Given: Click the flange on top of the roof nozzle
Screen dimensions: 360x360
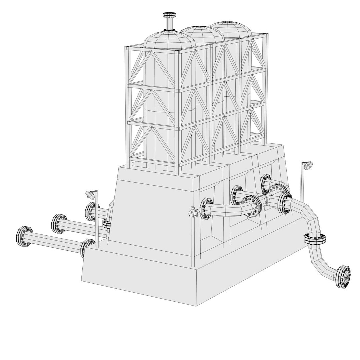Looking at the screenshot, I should (x=169, y=15).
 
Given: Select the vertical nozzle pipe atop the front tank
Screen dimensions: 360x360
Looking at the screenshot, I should (x=169, y=24).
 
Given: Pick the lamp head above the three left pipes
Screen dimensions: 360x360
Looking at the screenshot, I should (x=90, y=194).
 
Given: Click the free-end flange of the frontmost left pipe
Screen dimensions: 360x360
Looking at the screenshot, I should (x=24, y=237).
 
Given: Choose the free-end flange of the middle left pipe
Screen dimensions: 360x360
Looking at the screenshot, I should (x=58, y=223).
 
